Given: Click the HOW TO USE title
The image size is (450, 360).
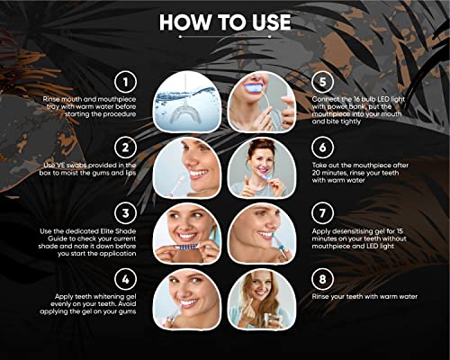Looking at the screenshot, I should pyautogui.click(x=224, y=22).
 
